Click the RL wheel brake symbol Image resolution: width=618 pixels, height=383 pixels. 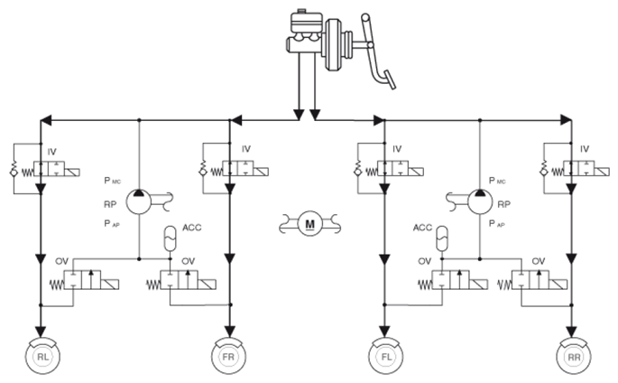point(42,356)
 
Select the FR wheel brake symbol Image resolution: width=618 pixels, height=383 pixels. point(228,356)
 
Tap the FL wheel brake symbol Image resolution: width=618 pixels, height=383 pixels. point(386,356)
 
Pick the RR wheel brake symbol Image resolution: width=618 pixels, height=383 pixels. point(574,356)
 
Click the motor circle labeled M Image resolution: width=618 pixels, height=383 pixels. point(310,224)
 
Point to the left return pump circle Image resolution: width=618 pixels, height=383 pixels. point(138,202)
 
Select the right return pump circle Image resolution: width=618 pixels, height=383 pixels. point(480,202)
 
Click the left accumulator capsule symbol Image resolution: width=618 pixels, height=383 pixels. point(171,238)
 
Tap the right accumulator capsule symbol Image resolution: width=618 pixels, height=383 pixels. point(442,238)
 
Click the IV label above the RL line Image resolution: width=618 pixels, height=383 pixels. point(52,152)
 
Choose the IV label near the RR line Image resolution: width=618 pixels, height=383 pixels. point(585,149)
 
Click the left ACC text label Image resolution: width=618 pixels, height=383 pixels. point(192,228)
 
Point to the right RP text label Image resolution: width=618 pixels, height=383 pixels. point(504,204)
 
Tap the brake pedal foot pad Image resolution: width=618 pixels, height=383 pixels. point(390,79)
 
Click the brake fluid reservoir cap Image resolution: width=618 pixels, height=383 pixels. point(301,10)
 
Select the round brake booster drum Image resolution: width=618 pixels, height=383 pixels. point(334,44)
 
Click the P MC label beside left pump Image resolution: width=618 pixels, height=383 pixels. point(113,181)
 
